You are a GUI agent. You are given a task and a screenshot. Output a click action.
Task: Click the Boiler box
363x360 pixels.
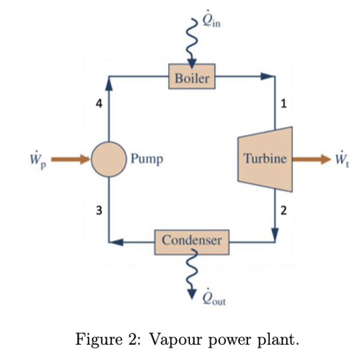coord(191,79)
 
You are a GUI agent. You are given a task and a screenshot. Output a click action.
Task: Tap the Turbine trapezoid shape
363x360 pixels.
coord(264,159)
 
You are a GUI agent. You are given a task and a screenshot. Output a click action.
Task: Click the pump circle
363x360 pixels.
coord(109,159)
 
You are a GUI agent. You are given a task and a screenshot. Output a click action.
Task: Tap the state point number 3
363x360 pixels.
coord(98,211)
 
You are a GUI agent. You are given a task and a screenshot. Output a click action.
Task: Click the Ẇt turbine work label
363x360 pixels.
coord(343,159)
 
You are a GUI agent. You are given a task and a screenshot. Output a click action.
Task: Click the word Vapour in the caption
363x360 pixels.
coord(175,340)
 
